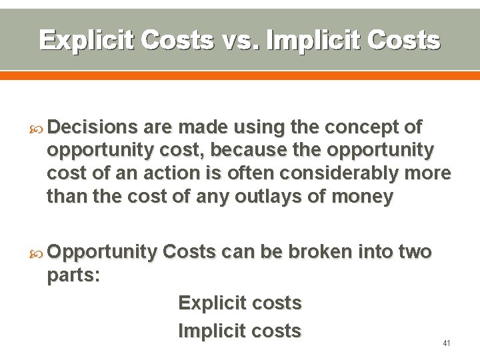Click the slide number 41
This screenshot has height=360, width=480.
[447, 343]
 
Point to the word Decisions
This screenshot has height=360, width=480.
[92, 127]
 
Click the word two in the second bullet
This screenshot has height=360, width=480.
[415, 251]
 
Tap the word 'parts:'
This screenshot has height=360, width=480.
[73, 275]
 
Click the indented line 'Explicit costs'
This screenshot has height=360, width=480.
[240, 303]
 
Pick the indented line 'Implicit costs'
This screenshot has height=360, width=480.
[240, 331]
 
